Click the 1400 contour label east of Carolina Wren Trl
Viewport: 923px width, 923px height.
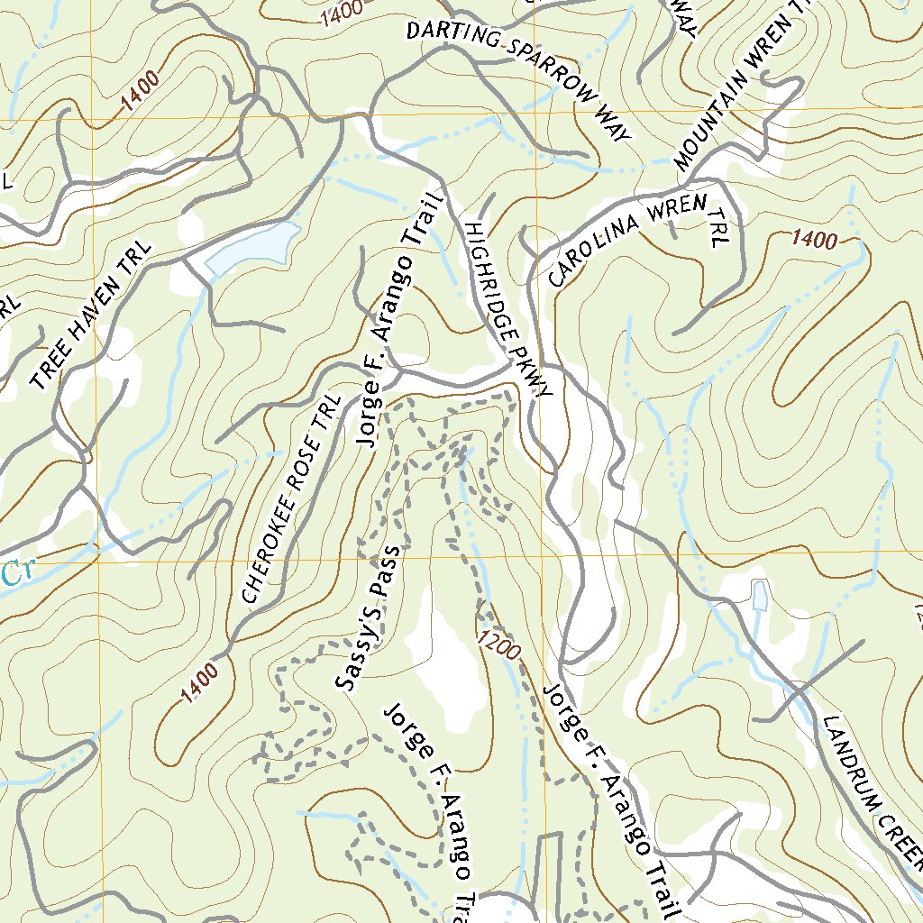pyautogui.click(x=815, y=240)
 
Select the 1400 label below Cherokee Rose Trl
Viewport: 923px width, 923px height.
pyautogui.click(x=199, y=682)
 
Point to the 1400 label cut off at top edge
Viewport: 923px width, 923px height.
pyautogui.click(x=341, y=11)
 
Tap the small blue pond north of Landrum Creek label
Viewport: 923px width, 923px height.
pyautogui.click(x=759, y=596)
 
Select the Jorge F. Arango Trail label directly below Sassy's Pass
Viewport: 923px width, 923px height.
pyautogui.click(x=431, y=811)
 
